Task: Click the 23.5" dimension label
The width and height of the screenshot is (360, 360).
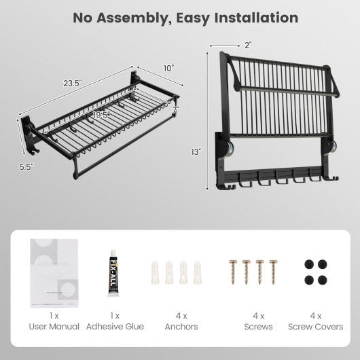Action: coord(73,83)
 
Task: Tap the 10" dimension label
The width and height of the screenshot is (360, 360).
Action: coord(168,68)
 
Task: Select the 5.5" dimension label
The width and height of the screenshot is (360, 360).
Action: coord(26,166)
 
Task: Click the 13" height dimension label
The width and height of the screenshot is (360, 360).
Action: coord(196,153)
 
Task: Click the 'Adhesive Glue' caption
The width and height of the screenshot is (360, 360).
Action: coord(115,327)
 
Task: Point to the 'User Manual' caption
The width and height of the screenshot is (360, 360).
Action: coord(54,327)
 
